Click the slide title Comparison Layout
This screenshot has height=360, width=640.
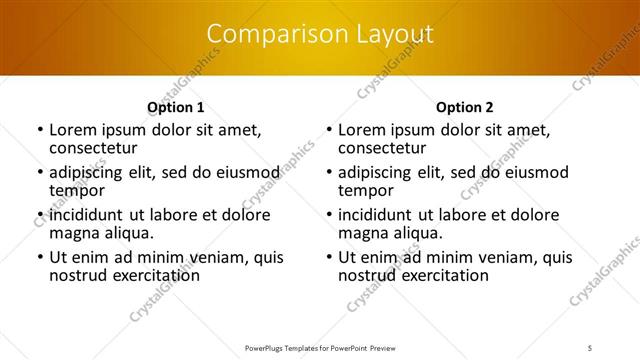click(320, 34)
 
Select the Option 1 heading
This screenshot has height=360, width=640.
click(175, 107)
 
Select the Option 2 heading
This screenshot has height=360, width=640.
click(464, 107)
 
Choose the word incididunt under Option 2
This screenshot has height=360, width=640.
click(380, 215)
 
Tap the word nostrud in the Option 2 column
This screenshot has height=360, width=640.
click(366, 275)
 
